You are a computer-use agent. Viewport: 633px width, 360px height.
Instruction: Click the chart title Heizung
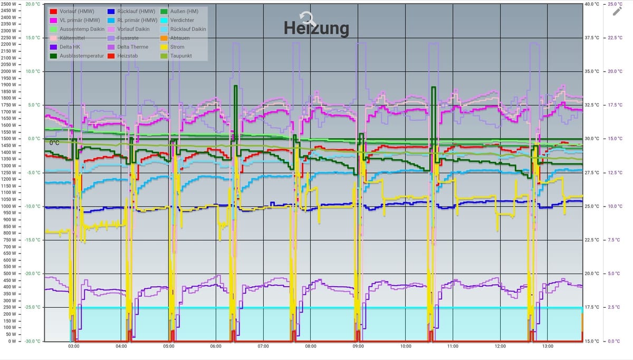(316, 28)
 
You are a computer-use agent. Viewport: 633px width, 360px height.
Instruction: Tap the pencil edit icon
(617, 11)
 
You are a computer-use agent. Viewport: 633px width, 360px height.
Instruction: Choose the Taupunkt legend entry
(181, 55)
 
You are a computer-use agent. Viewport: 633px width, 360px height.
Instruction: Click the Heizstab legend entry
(129, 55)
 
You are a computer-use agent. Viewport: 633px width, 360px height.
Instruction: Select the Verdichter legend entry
(182, 20)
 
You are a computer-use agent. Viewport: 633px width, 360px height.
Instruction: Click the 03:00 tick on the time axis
(74, 346)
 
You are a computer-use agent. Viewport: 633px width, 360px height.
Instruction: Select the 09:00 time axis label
(358, 346)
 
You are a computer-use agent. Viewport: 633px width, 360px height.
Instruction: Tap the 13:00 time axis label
(548, 346)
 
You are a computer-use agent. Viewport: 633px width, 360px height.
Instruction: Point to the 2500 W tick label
(9, 4)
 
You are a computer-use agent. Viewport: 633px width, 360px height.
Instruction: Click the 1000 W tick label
(9, 206)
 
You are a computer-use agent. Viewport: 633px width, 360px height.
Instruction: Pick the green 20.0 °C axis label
(33, 4)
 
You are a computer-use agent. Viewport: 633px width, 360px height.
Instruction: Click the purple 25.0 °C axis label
(615, 4)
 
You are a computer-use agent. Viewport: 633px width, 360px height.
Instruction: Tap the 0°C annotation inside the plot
(54, 143)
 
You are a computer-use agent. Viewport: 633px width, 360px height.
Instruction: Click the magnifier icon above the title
(308, 19)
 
